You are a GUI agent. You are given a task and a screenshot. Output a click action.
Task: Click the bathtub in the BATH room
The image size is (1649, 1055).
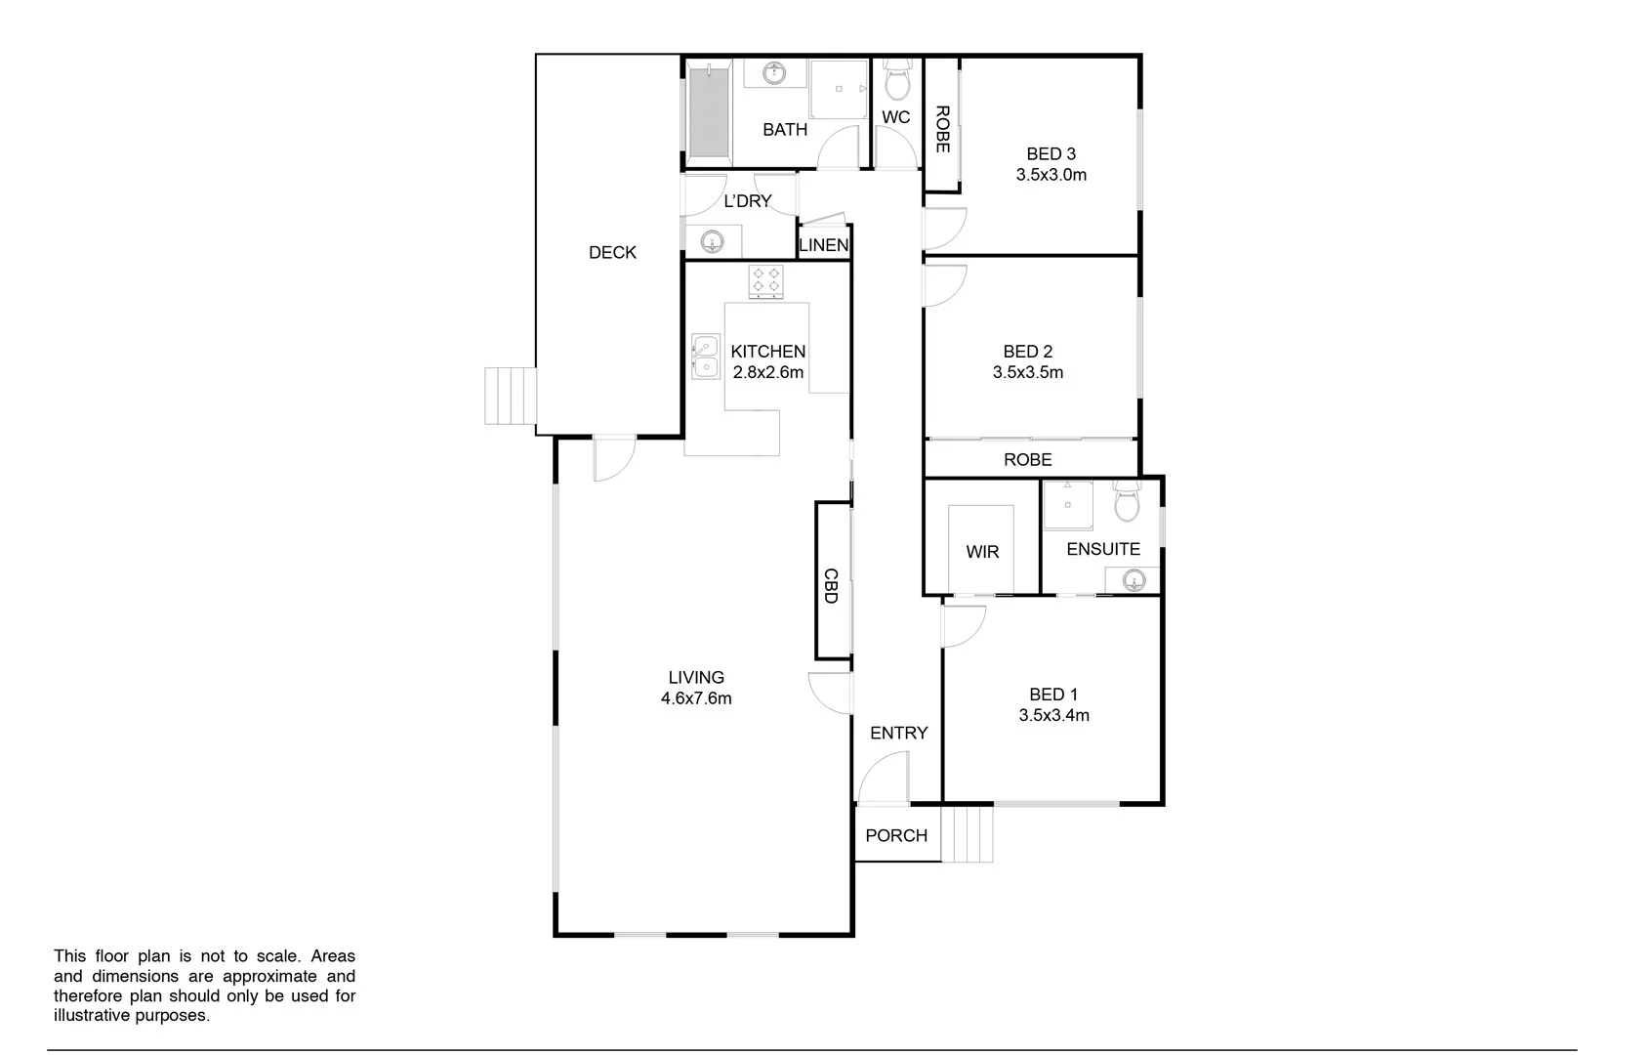(x=710, y=109)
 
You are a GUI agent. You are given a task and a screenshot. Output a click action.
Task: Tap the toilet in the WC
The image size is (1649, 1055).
(x=896, y=80)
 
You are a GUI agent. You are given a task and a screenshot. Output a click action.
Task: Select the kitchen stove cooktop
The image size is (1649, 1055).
(x=765, y=281)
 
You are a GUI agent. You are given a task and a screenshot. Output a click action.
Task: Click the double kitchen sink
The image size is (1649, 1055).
(x=705, y=357)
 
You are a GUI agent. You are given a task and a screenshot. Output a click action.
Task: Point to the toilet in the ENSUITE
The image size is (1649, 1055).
(x=1128, y=503)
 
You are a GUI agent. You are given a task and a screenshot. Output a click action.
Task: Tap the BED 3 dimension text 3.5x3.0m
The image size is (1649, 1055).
(x=1051, y=175)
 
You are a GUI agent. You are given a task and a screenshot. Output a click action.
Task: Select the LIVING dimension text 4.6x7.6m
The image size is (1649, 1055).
(x=695, y=698)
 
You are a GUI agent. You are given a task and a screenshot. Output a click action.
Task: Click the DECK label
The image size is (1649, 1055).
(x=612, y=253)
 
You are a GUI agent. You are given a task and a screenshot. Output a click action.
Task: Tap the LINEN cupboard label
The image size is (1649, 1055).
(x=823, y=245)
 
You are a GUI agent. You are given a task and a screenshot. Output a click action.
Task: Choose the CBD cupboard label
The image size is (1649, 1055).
(x=831, y=585)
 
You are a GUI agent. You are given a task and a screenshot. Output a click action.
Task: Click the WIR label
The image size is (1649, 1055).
(x=982, y=552)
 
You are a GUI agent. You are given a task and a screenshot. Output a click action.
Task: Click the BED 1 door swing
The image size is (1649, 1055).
(x=963, y=625)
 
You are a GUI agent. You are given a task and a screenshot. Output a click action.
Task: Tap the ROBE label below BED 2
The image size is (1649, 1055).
(x=1027, y=459)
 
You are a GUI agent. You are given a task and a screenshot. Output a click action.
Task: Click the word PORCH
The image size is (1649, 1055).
(x=896, y=835)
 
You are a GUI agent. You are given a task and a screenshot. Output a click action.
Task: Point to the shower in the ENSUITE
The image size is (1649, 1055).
(x=1067, y=505)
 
